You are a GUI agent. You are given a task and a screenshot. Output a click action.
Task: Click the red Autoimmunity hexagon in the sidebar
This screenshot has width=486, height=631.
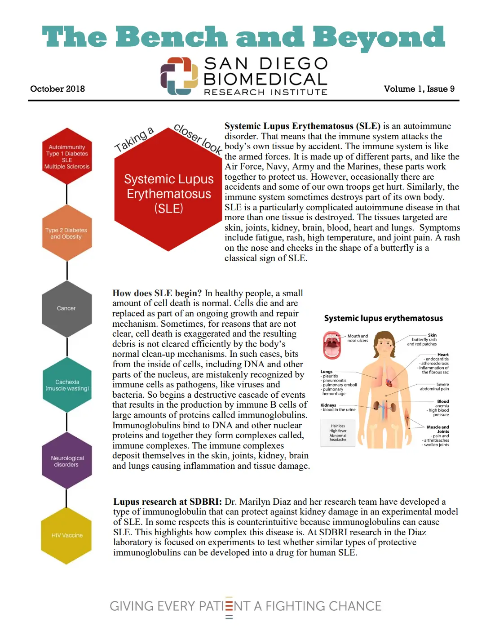[x=67, y=156]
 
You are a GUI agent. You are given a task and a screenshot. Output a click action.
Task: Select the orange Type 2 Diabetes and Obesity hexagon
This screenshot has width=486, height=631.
[x=66, y=233]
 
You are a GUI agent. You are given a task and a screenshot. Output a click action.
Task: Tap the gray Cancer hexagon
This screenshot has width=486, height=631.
[x=66, y=308]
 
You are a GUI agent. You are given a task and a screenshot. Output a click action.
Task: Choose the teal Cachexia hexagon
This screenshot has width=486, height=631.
[x=67, y=385]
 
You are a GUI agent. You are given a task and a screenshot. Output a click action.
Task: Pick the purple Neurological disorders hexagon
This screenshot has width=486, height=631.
[x=66, y=461]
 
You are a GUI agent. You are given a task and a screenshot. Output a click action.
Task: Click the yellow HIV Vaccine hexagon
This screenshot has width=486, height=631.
[x=66, y=535]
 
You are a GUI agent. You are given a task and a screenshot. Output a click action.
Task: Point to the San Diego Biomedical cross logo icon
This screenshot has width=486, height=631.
[x=179, y=76]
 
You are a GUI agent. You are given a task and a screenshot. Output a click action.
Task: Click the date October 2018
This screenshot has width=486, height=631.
[x=57, y=89]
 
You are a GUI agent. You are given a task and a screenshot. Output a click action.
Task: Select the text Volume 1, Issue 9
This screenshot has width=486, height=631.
[x=419, y=89]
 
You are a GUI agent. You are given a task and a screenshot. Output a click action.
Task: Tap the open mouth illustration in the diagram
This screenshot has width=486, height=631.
[x=332, y=345]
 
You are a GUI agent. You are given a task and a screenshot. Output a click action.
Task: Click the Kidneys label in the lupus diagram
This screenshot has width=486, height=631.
[x=328, y=405]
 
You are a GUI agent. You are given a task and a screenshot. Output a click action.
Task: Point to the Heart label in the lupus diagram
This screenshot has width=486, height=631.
[x=443, y=355]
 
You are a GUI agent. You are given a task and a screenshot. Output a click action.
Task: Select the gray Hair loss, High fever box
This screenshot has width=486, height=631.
[x=338, y=433]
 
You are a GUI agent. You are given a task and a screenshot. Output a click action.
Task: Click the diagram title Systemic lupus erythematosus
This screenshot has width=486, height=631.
[x=383, y=318]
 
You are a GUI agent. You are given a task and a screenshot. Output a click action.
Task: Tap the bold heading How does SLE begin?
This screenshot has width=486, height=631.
[x=157, y=293]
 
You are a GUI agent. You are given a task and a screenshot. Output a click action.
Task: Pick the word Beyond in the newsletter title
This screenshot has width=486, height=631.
[x=378, y=37]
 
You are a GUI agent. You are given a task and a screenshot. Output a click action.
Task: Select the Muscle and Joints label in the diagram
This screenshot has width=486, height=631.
[x=437, y=429]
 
